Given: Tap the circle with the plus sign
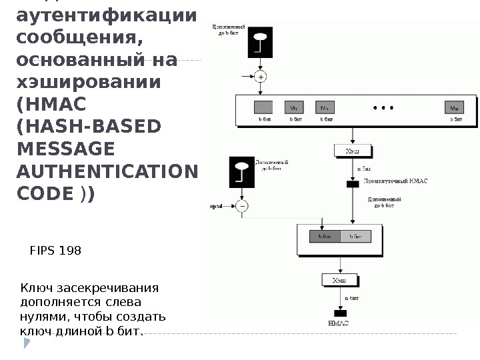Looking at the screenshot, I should pyautogui.click(x=261, y=77).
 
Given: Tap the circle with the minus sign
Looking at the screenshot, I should pyautogui.click(x=241, y=206).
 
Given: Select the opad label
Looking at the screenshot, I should pyautogui.click(x=215, y=207).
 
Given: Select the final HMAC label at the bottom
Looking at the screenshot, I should pyautogui.click(x=339, y=323).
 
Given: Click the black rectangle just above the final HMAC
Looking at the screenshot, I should pyautogui.click(x=340, y=313).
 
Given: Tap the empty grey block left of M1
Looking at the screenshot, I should pyautogui.click(x=263, y=107).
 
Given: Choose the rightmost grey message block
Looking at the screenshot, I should pyautogui.click(x=454, y=107).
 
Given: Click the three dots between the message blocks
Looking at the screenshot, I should pyautogui.click(x=384, y=107).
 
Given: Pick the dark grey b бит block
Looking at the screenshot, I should pyautogui.click(x=325, y=236).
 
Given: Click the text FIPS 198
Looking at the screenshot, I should pyautogui.click(x=56, y=251).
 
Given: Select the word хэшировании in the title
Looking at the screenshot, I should pyautogui.click(x=88, y=83).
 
